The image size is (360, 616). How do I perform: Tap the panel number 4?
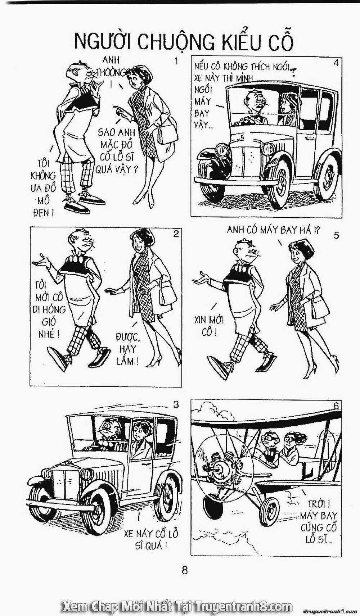click(336, 63)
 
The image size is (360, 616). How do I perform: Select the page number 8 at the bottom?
click(185, 568)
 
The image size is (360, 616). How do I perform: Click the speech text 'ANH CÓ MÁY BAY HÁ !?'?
click(274, 230)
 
